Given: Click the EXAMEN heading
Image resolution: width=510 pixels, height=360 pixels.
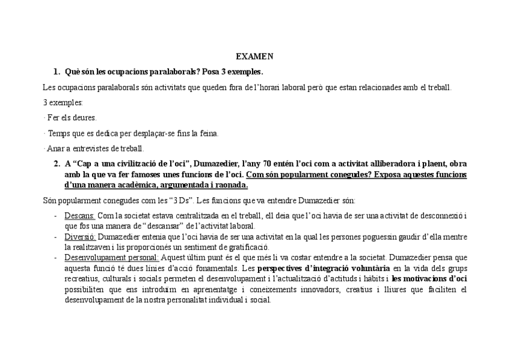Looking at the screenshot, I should [254, 56].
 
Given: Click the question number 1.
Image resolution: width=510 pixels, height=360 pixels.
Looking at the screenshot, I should [57, 72].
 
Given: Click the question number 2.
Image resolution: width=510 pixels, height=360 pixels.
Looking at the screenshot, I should [57, 163].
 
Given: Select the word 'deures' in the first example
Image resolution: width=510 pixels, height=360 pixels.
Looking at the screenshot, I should [84, 118].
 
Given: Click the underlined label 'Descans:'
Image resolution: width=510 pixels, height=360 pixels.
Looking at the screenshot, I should [79, 215].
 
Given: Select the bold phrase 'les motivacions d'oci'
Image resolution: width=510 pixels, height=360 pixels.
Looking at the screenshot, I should [429, 278].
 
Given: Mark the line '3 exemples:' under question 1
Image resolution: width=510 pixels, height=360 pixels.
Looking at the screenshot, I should [63, 103].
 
